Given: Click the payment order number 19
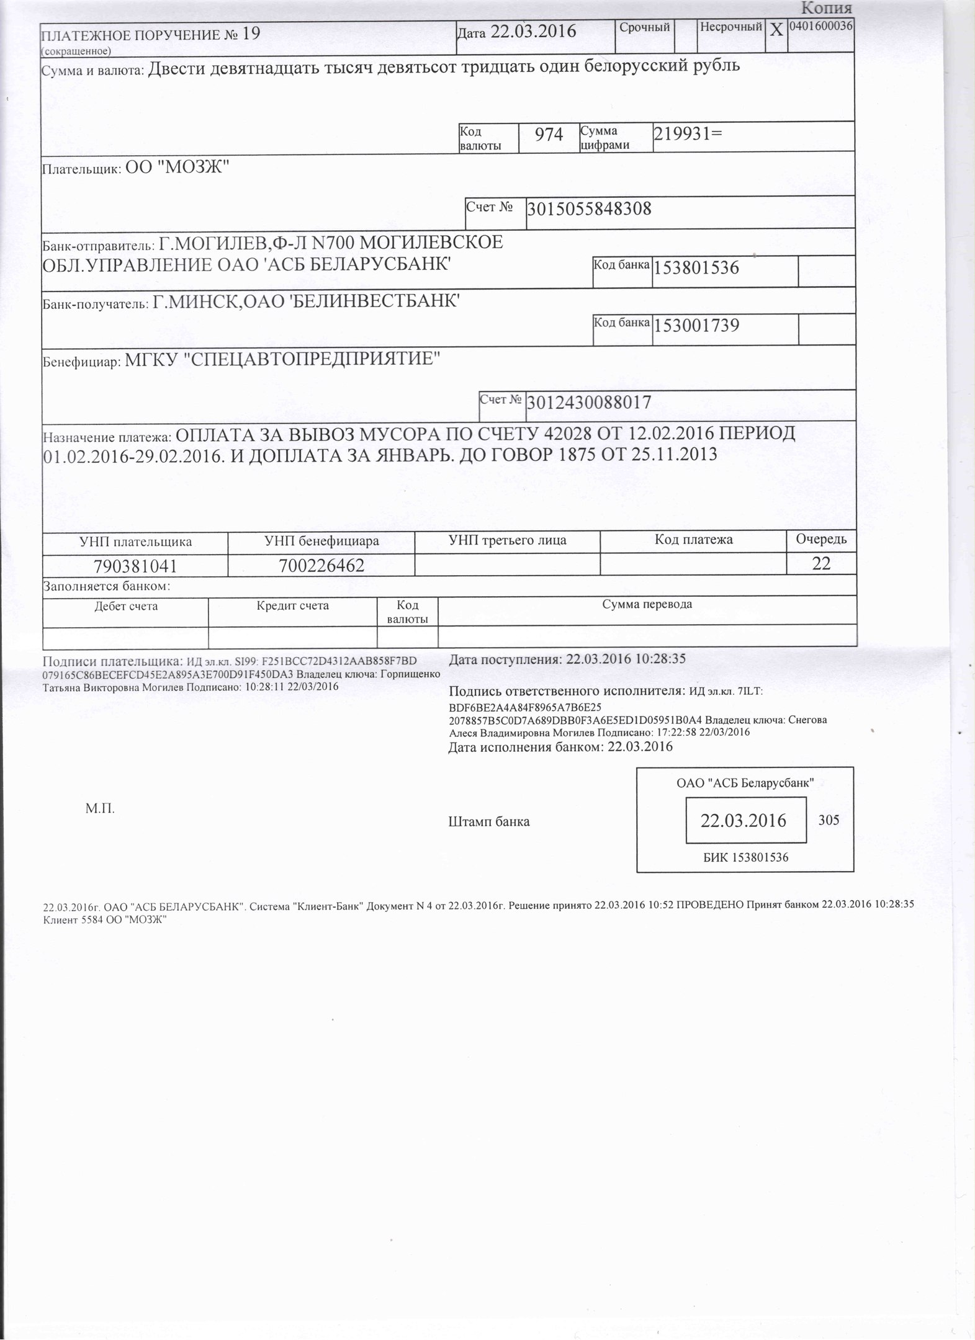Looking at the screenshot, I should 251,33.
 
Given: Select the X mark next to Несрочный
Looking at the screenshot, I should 776,29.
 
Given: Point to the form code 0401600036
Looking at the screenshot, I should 820,25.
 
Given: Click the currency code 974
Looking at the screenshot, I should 549,135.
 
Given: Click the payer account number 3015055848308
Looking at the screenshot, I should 589,208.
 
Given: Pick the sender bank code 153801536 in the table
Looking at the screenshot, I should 697,268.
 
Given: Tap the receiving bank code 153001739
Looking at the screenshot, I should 697,325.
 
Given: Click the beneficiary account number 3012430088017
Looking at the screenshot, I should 589,403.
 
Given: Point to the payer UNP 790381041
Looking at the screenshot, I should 135,566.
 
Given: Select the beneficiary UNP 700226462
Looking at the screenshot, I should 321,566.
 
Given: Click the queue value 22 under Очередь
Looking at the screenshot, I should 821,564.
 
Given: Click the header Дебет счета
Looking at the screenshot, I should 126,606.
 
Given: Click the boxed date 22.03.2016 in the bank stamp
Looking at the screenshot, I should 744,821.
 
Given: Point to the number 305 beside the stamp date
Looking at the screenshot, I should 829,820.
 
